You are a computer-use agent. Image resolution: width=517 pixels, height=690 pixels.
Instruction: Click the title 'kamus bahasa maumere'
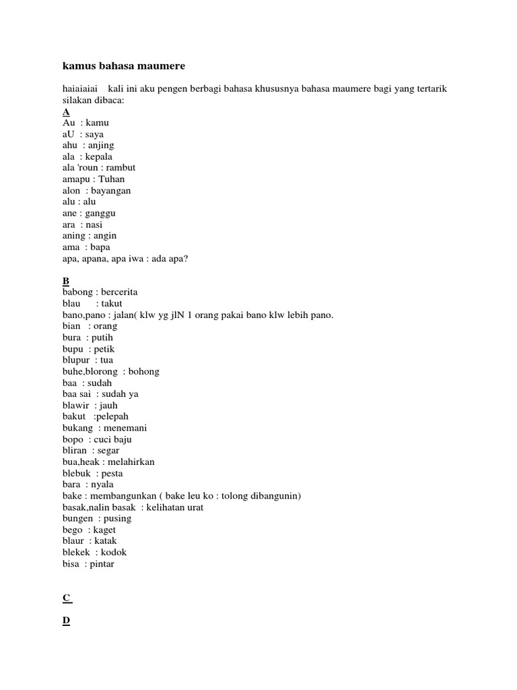click(x=123, y=66)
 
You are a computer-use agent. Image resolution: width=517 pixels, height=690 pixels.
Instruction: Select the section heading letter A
click(x=66, y=112)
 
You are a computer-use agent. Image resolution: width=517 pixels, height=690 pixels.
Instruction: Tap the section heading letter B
click(x=66, y=281)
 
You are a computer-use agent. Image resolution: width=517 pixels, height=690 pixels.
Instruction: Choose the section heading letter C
click(x=66, y=598)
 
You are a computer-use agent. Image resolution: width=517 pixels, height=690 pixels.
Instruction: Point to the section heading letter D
click(x=66, y=621)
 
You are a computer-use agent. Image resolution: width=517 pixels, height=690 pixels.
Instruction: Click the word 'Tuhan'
click(x=112, y=179)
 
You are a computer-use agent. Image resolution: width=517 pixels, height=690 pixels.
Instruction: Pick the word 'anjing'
click(x=102, y=146)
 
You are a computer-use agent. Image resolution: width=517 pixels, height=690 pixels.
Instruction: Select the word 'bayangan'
click(x=111, y=191)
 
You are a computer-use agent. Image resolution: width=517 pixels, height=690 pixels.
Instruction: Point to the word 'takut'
click(x=112, y=304)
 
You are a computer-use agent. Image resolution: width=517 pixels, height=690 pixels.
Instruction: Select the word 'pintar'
click(x=102, y=564)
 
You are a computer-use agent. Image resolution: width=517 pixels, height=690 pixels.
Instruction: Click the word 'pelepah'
click(x=116, y=416)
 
